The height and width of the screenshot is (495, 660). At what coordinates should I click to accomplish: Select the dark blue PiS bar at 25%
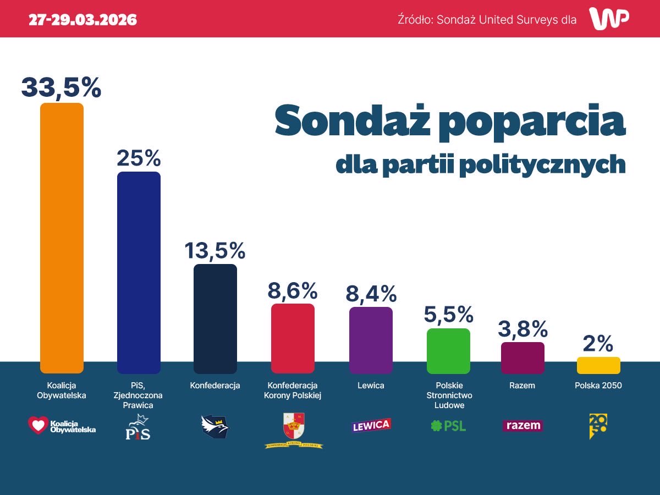139,272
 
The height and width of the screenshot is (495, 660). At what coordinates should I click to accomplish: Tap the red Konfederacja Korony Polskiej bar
293,338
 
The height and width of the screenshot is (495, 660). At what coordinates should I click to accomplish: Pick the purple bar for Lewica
371,340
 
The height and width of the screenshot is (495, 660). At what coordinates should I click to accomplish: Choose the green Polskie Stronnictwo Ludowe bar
448,351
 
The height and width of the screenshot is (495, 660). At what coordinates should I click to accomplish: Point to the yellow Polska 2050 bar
598,365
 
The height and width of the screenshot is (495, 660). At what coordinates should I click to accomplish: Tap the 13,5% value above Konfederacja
215,250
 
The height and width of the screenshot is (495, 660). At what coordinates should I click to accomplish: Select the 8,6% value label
293,290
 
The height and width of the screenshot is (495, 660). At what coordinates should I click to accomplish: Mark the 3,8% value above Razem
522,329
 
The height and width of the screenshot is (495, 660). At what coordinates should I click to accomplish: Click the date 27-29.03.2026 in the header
83,20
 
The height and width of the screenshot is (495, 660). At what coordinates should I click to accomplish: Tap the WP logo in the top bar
609,19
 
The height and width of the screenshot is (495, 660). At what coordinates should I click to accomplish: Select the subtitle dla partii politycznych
481,164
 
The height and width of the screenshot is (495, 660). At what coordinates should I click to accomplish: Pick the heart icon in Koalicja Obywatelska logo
38,425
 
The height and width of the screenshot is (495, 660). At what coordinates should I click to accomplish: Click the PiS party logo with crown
137,427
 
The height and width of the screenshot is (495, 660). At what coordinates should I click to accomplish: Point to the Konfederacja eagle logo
215,426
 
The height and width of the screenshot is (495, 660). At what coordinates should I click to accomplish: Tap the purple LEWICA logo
371,426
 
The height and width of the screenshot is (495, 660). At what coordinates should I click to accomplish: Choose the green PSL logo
448,426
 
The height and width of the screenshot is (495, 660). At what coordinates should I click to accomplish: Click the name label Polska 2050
598,386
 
